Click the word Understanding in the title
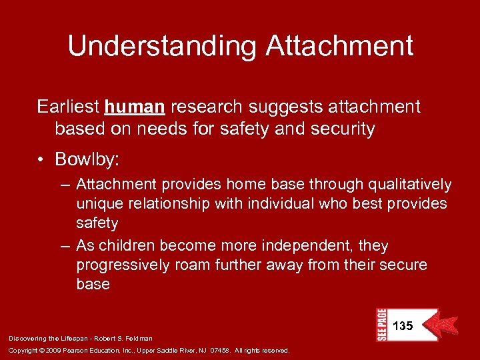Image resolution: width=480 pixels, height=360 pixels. point(161,46)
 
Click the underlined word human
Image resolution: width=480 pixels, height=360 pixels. point(135,107)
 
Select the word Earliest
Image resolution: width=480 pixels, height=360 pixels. point(67,107)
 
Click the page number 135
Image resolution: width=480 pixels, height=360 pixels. point(403,326)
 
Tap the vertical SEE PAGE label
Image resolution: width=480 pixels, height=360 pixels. point(381,325)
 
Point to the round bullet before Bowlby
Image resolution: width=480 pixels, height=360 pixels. point(42,160)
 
